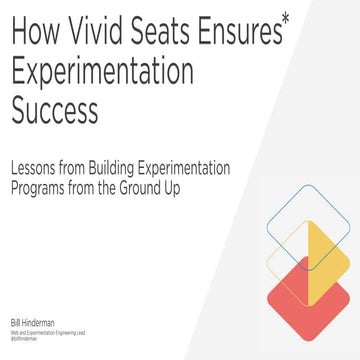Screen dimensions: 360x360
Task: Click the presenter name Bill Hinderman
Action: point(30,323)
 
